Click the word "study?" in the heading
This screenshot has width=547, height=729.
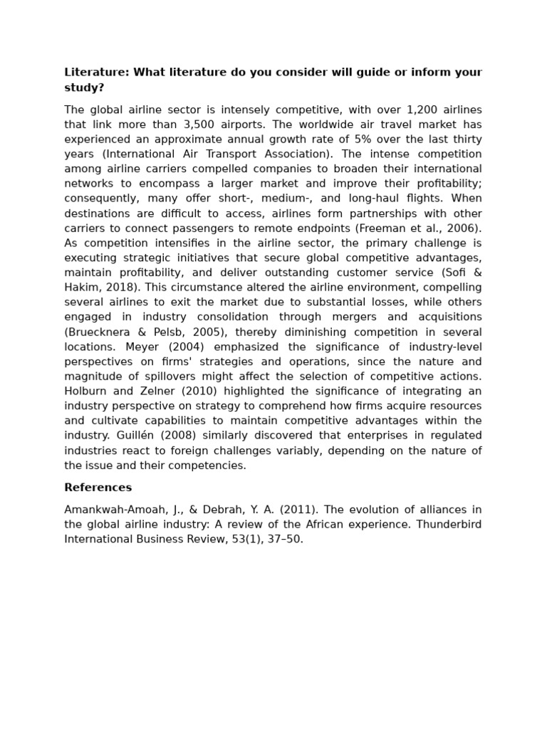84,88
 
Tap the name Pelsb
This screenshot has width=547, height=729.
167,332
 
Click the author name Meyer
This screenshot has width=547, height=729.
142,347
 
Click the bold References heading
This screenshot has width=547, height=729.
98,488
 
